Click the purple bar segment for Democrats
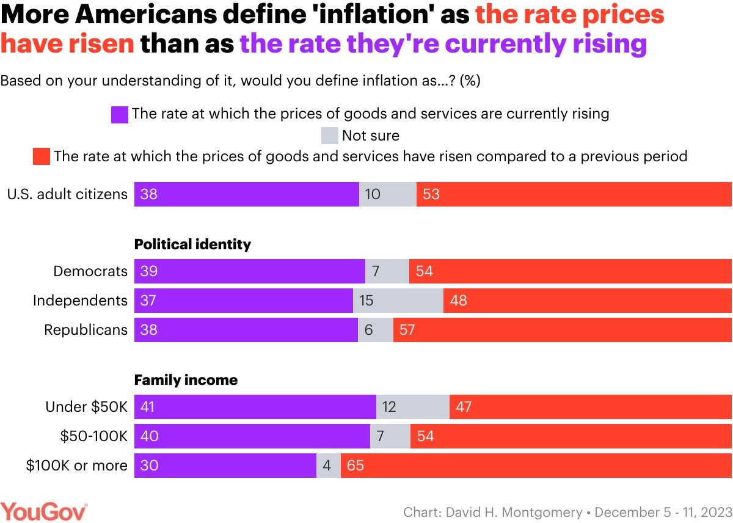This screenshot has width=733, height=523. coord(249,271)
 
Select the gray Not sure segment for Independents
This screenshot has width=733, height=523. coord(398,301)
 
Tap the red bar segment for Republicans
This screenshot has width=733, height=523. coord(562,330)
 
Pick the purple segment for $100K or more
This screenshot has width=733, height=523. coord(225,466)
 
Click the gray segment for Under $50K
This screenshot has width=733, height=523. coord(413,407)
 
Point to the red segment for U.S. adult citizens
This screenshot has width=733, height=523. coord(574,194)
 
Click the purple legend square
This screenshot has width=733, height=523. coord(120,114)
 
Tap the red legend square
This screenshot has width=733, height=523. coord(42,157)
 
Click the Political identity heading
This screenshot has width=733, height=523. coord(192,244)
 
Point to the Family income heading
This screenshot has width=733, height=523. coord(186,380)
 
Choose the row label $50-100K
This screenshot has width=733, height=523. coord(93,436)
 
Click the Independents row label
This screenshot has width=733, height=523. coord(80,301)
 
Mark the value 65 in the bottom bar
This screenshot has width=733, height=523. coord(355,466)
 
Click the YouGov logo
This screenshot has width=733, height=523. coord(44,511)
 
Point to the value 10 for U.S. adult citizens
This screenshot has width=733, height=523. coord(372,194)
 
